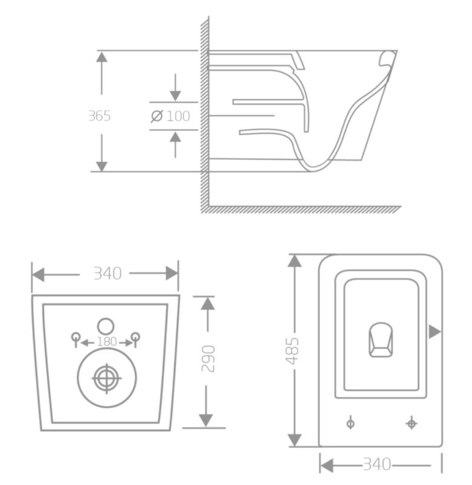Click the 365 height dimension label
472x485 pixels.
coord(99,116)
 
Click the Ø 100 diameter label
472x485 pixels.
coord(170,116)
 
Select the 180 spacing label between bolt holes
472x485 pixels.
coord(107,341)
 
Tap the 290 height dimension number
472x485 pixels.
coord(208,358)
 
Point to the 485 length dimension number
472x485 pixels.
coord(292,351)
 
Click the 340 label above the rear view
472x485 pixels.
coord(108,273)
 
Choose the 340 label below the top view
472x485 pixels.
coord(377,464)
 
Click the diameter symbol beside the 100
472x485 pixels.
coord(157,116)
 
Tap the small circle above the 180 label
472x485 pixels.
coord(105,326)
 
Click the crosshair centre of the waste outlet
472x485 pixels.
coord(107,378)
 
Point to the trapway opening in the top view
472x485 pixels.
coord(381,340)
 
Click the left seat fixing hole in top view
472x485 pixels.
coord(351,423)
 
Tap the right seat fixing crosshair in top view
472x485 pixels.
coord(411,423)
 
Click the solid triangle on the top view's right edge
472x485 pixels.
coord(435,332)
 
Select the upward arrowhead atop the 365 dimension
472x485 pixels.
coord(101,57)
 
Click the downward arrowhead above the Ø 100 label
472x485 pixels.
coord(175,96)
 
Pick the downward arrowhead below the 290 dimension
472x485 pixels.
coord(206,421)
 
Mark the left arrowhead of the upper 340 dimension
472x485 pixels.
coord(38,275)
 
